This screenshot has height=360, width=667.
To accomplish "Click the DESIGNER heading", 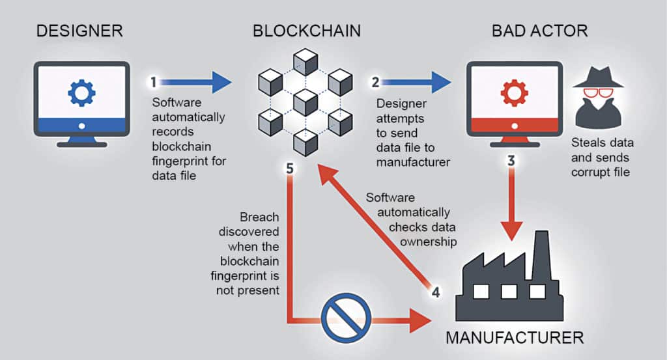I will pyautogui.click(x=79, y=30).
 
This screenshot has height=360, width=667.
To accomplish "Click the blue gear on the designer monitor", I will pyautogui.click(x=81, y=93).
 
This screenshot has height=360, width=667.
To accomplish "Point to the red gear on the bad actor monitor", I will pyautogui.click(x=514, y=93).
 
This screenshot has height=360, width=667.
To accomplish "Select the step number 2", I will pyautogui.click(x=375, y=83).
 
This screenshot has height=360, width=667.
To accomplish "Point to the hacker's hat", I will pyautogui.click(x=597, y=77).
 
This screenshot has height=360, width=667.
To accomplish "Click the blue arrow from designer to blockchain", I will pyautogui.click(x=196, y=82).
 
